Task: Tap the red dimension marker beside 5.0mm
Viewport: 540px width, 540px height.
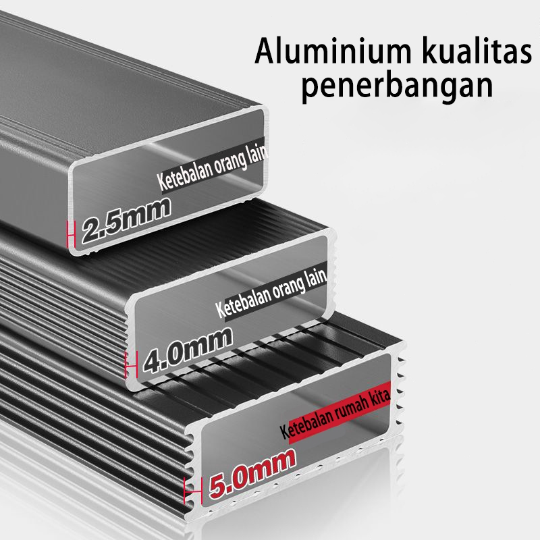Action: click(189, 488)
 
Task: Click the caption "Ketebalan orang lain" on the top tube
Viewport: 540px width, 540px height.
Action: click(213, 170)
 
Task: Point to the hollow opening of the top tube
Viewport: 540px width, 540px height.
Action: click(169, 196)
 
